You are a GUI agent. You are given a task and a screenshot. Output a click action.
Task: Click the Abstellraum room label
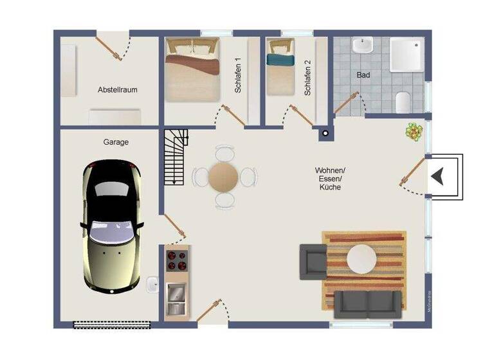pos(118,89)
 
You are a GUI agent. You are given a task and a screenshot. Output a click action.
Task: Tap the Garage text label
pos(116,142)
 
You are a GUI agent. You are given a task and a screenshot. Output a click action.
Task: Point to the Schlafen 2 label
pos(307,78)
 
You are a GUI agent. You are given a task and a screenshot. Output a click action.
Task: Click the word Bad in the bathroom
pos(363,75)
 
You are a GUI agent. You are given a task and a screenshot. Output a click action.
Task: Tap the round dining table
pos(223,176)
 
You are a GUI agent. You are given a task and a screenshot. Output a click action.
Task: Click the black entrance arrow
pos(439,176)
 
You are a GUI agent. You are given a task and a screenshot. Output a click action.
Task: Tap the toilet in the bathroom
pos(403,102)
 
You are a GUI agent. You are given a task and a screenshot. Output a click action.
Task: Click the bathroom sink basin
pos(363,46)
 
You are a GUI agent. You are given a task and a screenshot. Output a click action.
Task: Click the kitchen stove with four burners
pos(177,261)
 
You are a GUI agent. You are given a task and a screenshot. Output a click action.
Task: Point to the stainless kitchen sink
pos(176,293)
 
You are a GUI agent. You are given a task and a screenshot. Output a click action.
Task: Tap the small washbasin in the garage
pos(153,283)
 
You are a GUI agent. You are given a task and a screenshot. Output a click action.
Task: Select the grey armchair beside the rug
pos(313,261)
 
